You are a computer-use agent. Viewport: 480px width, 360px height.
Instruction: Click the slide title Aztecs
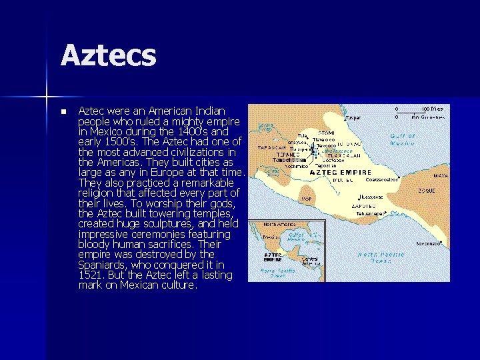pyautogui.click(x=109, y=55)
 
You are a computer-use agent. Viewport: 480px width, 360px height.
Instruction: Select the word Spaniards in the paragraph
pyautogui.click(x=105, y=264)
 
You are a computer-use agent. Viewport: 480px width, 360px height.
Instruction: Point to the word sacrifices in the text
pyautogui.click(x=173, y=244)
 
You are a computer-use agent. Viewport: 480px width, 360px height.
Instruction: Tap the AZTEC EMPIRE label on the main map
pyautogui.click(x=341, y=171)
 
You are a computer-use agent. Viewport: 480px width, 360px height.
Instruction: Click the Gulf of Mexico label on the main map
pyautogui.click(x=403, y=139)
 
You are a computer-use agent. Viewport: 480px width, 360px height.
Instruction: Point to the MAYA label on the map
pyautogui.click(x=441, y=176)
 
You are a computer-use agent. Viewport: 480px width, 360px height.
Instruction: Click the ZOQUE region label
pyautogui.click(x=427, y=190)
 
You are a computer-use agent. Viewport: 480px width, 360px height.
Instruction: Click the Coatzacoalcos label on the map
pyautogui.click(x=382, y=179)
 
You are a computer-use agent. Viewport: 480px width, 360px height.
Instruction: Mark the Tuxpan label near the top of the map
pyautogui.click(x=353, y=118)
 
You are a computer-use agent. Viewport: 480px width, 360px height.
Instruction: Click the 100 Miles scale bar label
pyautogui.click(x=431, y=108)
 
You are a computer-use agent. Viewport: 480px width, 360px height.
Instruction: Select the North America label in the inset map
pyautogui.click(x=279, y=225)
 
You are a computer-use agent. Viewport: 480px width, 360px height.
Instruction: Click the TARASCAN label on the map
pyautogui.click(x=273, y=147)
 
